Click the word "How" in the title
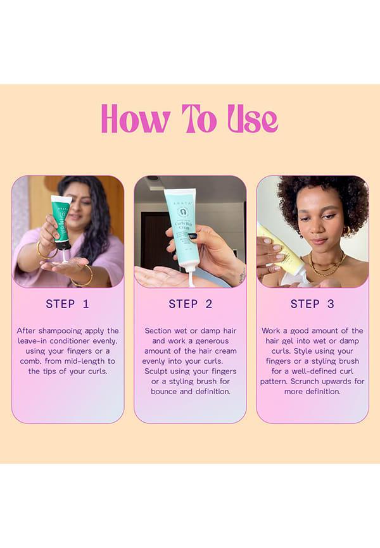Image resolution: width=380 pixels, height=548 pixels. pyautogui.click(x=136, y=120)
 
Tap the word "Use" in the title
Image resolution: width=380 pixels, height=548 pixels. pyautogui.click(x=253, y=119)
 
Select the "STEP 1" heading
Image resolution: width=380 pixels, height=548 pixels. pyautogui.click(x=68, y=304)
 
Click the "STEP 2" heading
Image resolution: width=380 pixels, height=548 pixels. pyautogui.click(x=191, y=304)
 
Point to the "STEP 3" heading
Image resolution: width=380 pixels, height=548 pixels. pyautogui.click(x=312, y=304)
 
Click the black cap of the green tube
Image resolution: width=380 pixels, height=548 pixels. pyautogui.click(x=65, y=246)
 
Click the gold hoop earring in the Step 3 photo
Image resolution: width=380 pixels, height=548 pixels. pyautogui.click(x=347, y=232)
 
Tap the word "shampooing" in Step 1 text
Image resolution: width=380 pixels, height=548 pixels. pyautogui.click(x=60, y=331)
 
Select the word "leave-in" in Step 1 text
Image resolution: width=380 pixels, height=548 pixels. pyautogui.click(x=32, y=340)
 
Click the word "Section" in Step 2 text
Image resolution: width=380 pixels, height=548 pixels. pyautogui.click(x=158, y=330)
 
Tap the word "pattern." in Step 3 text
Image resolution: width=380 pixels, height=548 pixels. pyautogui.click(x=274, y=382)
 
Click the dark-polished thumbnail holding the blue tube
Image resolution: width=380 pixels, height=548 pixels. pyautogui.click(x=193, y=237)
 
